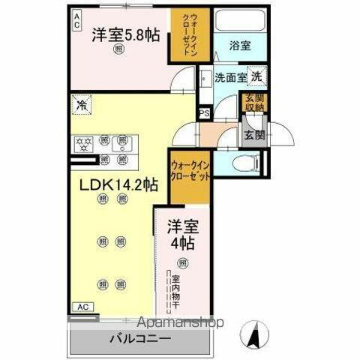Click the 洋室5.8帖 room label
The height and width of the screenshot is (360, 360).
(125, 34)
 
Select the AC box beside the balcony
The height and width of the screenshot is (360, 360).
(83, 307)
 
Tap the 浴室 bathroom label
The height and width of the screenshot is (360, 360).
(240, 46)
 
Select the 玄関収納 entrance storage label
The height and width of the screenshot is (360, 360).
(251, 103)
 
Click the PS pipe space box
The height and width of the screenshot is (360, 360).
(203, 114)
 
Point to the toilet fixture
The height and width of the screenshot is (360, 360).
(244, 163)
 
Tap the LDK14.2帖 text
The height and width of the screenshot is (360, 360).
(114, 184)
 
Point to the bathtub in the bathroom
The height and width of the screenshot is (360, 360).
(240, 21)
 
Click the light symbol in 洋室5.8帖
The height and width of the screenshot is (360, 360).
(120, 49)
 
